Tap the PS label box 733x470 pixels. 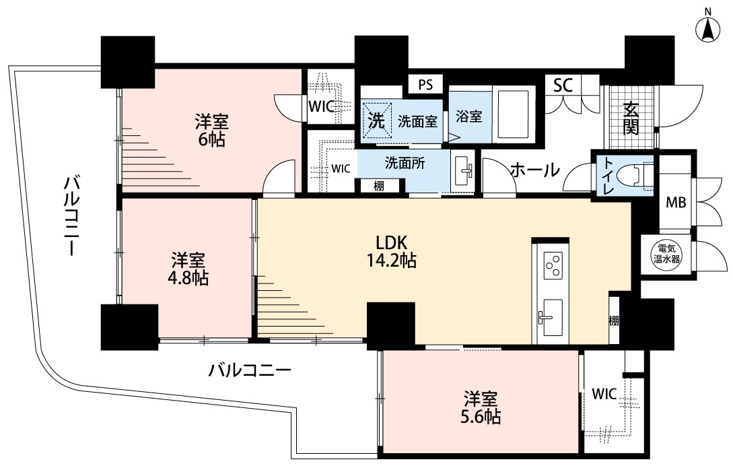coord(425,85)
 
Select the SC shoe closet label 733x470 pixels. coord(563,85)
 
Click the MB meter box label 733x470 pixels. coord(676,203)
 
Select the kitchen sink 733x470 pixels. coord(551,318)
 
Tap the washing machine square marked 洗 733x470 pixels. coord(377,120)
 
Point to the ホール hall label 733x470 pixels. coord(535,170)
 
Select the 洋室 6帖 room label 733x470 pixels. coord(211,130)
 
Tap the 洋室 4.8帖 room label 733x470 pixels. coord(188,269)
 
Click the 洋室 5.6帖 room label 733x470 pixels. coord(481,407)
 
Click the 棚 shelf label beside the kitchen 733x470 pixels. coord(614,321)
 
